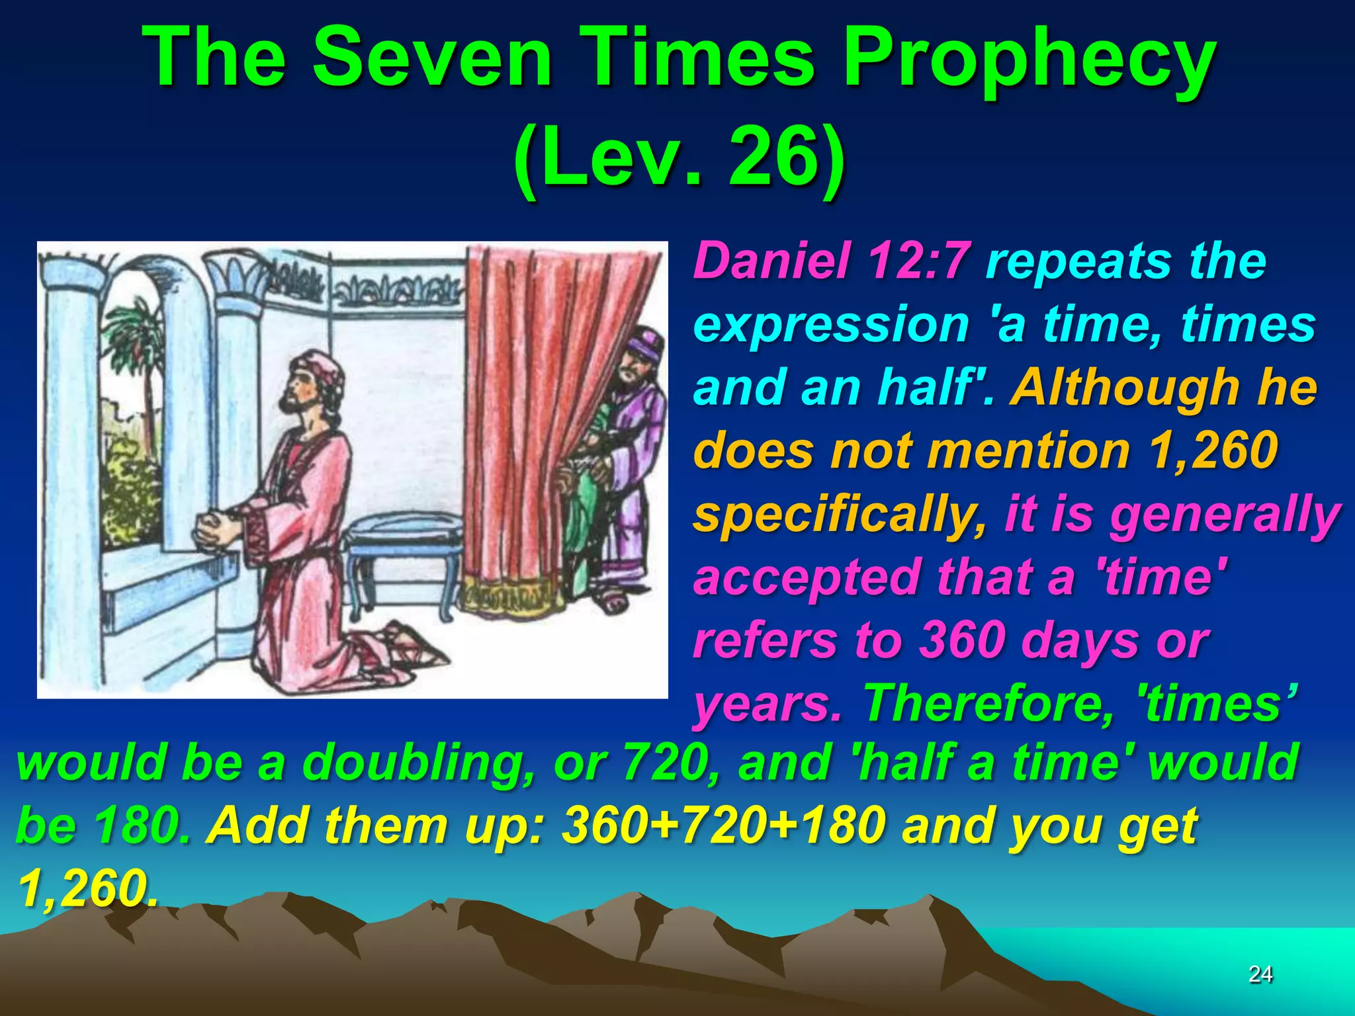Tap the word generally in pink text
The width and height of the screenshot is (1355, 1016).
click(1225, 515)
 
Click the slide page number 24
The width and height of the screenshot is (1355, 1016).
click(1260, 973)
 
